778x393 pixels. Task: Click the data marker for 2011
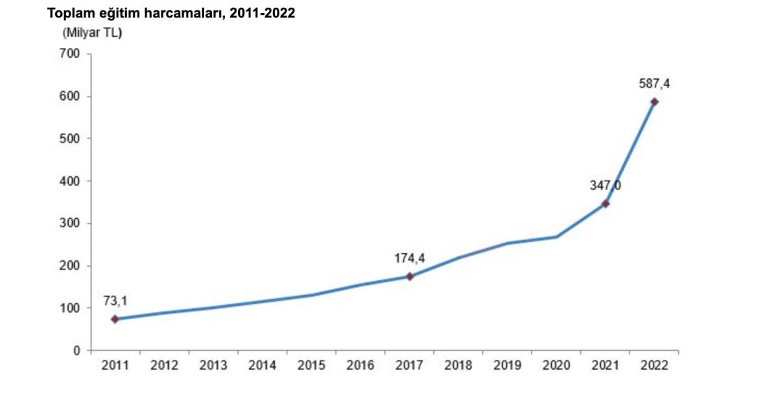(115, 319)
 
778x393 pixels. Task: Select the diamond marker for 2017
(410, 276)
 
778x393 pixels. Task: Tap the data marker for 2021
(606, 204)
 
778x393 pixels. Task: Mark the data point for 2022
(654, 102)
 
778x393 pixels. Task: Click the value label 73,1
(115, 301)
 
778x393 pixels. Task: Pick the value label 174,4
(410, 258)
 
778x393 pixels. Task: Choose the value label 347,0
(606, 186)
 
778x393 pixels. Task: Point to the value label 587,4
(654, 84)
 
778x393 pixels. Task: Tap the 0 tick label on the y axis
(77, 350)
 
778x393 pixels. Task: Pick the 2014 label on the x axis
(262, 366)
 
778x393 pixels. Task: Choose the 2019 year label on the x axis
(507, 366)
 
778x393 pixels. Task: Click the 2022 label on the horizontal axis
(654, 366)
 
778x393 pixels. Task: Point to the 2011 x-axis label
(115, 366)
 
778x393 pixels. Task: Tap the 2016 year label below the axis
(360, 366)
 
